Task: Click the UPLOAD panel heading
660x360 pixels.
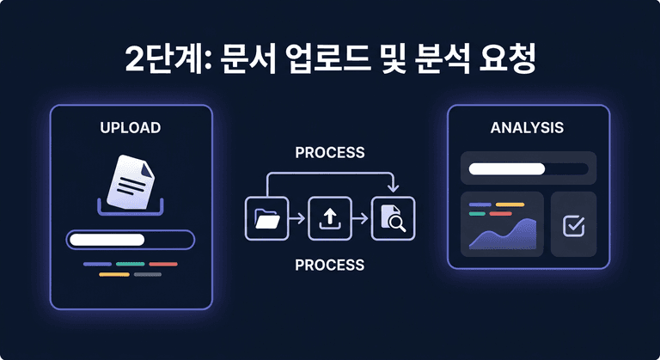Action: pos(131,128)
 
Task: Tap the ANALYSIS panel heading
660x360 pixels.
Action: pos(527,128)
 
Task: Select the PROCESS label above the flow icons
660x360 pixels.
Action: pos(329,153)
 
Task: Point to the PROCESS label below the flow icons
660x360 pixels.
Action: pos(329,265)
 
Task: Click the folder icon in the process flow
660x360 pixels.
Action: pos(266,218)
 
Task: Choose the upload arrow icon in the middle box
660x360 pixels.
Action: pos(329,218)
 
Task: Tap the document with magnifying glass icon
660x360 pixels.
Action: pos(393,219)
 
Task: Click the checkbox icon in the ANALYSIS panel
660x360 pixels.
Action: pos(573,225)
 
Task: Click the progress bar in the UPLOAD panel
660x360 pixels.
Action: pos(131,240)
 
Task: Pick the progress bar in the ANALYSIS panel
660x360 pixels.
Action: pos(528,168)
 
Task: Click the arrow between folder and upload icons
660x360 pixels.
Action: pos(297,219)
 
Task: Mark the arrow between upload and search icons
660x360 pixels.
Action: pos(361,219)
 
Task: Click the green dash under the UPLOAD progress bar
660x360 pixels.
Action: pos(130,264)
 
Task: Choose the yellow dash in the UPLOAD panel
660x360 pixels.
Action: pos(113,275)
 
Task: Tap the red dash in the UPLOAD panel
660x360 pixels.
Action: pos(163,264)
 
